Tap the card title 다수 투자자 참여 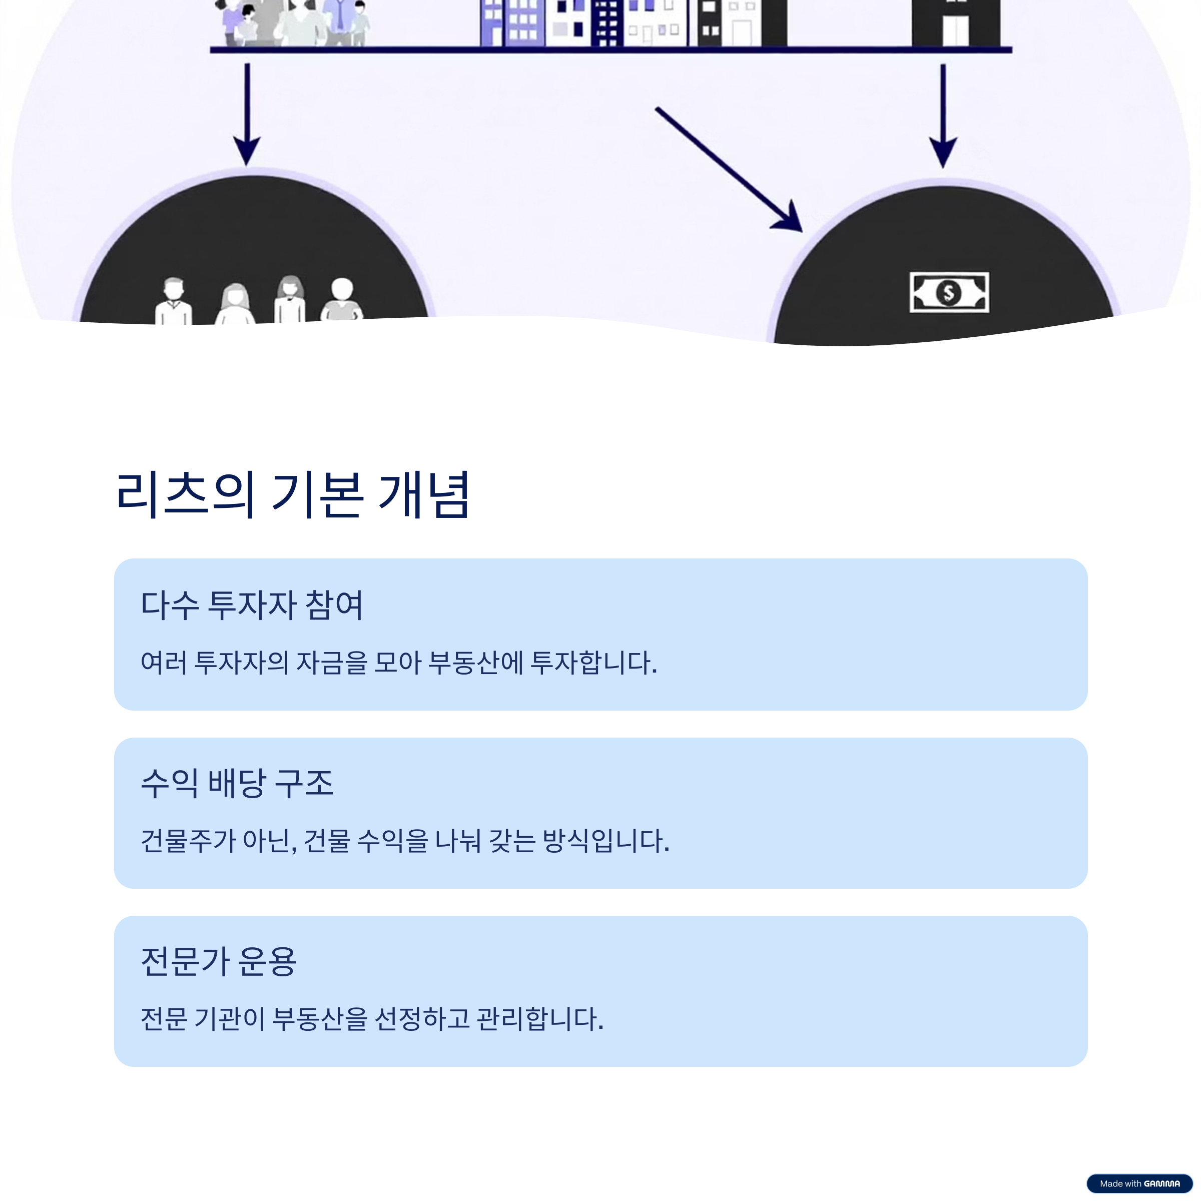[x=252, y=605]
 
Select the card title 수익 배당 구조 [x=237, y=783]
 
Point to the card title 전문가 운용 [x=219, y=962]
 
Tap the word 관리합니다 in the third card [x=539, y=1019]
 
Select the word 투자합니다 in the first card [x=593, y=663]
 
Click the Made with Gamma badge [x=1139, y=1183]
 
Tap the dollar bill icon [x=949, y=292]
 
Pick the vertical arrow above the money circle [x=942, y=116]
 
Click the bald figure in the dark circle [x=342, y=300]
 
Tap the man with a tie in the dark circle [x=174, y=301]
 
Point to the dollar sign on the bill [x=949, y=292]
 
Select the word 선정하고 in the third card [x=422, y=1019]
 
